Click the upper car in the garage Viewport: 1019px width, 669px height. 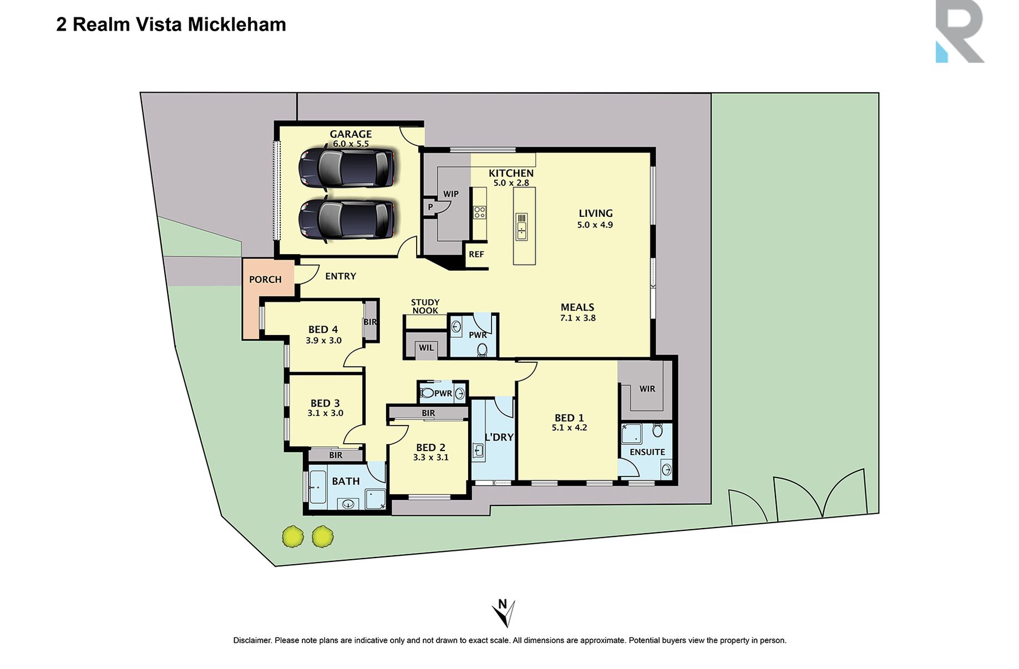(347, 168)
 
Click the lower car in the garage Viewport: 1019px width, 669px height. (347, 219)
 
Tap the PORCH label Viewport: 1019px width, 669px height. (265, 280)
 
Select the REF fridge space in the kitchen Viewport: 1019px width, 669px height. (476, 255)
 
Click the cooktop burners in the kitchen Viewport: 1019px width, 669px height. (479, 212)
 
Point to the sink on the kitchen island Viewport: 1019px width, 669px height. (521, 226)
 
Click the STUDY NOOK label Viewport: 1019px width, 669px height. (425, 307)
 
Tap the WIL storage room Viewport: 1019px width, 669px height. (426, 348)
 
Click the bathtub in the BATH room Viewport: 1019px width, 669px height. (318, 488)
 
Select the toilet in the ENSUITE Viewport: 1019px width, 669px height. (657, 430)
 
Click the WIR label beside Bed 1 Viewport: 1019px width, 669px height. (647, 389)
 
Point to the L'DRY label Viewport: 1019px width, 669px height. (499, 438)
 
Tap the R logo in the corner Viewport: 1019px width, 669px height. (959, 32)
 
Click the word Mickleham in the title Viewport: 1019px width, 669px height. (237, 24)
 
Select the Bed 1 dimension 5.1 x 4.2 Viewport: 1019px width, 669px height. (569, 428)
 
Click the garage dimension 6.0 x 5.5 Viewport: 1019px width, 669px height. (351, 144)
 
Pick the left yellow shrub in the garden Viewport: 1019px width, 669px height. (293, 537)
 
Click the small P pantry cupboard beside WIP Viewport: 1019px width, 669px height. (430, 207)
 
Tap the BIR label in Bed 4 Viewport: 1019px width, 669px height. (370, 322)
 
